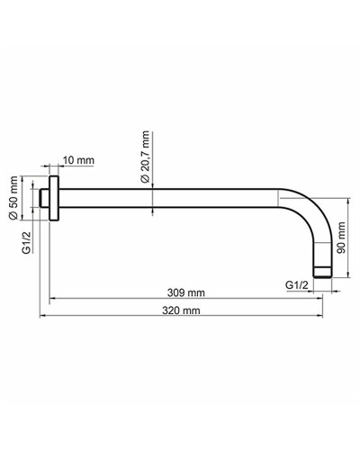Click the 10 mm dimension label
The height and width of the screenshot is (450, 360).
(80, 160)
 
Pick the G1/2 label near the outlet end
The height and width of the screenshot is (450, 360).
(298, 284)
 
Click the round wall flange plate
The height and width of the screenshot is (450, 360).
(54, 198)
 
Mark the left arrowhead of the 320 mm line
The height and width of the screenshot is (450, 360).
(40, 317)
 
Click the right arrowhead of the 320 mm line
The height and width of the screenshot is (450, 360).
(325, 317)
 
